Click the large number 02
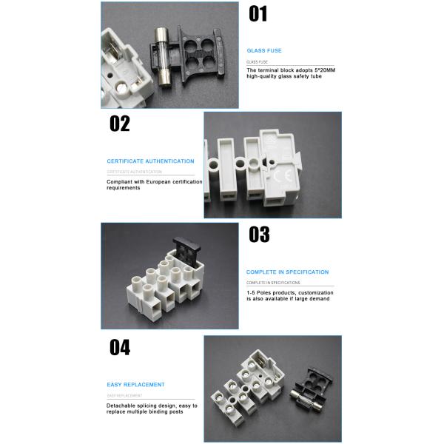[x=119, y=124]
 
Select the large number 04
[x=120, y=347]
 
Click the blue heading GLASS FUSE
[x=264, y=50]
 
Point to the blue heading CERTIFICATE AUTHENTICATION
[x=150, y=161]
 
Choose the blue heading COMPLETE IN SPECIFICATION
[x=287, y=272]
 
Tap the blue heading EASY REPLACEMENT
[x=135, y=384]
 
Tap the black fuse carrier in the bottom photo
[x=314, y=386]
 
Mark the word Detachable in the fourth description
[x=121, y=406]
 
